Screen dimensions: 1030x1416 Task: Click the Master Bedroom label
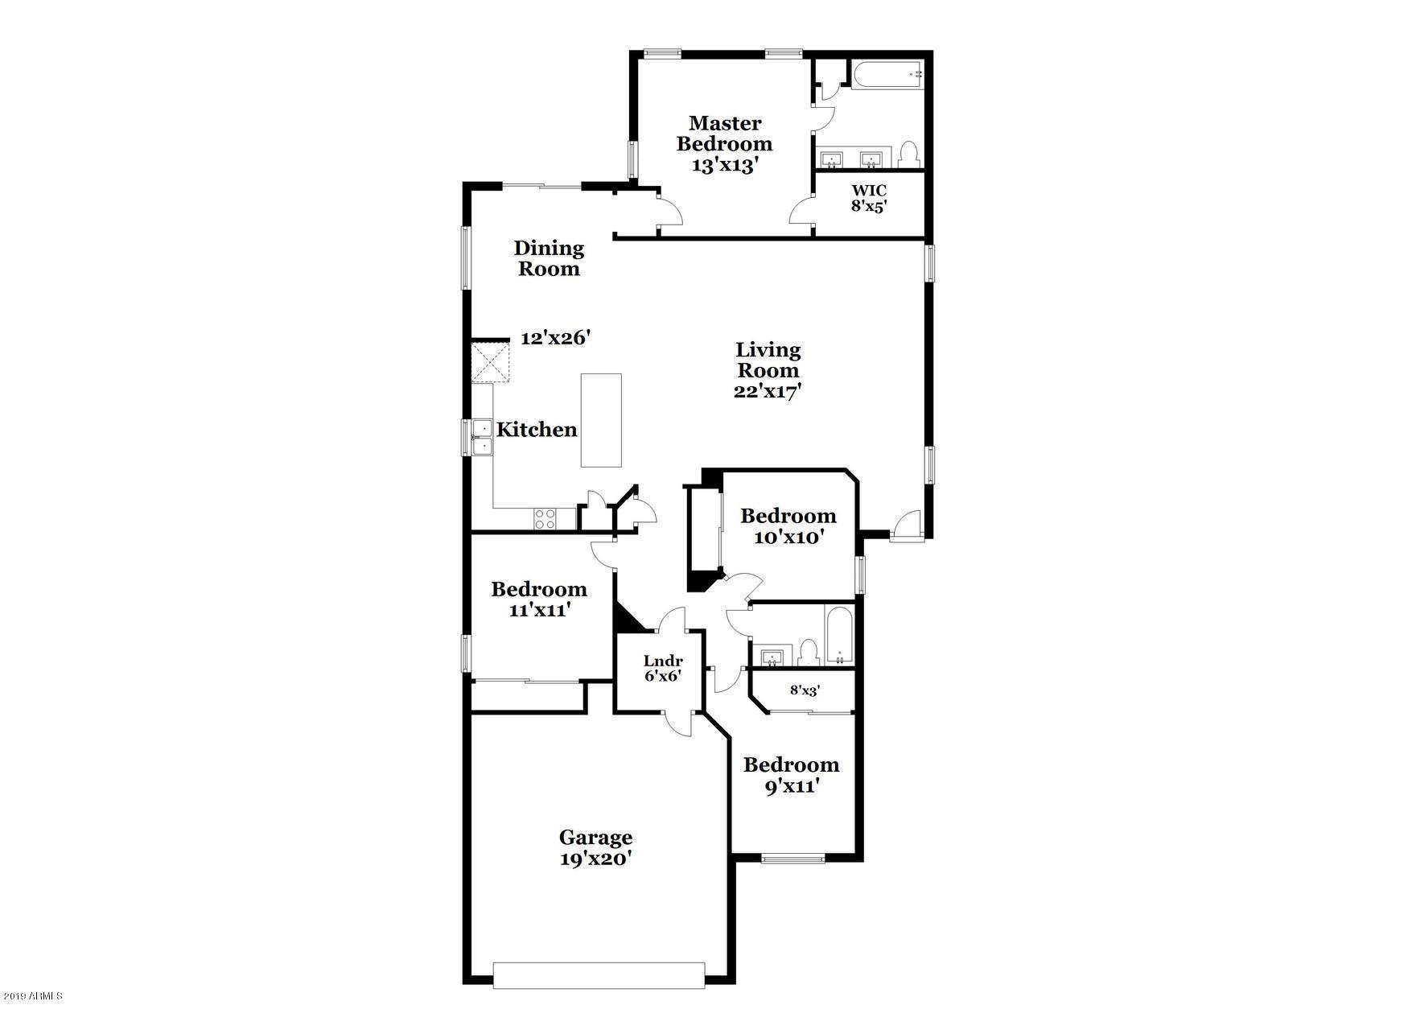(724, 134)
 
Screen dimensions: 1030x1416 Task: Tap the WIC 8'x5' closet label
(869, 198)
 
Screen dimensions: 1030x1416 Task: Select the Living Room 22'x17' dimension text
(768, 392)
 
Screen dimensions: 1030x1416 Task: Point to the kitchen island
(601, 419)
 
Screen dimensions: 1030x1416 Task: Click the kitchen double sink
(482, 437)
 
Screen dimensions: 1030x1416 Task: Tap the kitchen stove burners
(545, 518)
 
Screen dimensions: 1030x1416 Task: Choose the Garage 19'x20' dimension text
(595, 859)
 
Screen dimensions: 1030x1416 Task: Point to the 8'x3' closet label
(805, 690)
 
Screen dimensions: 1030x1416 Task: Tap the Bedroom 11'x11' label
(539, 599)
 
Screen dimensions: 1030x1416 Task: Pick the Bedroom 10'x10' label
(788, 526)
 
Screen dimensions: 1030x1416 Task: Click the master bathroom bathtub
(886, 77)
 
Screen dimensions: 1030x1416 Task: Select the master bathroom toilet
(909, 153)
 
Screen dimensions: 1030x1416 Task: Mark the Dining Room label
(549, 258)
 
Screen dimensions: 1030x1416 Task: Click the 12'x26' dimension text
(556, 338)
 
